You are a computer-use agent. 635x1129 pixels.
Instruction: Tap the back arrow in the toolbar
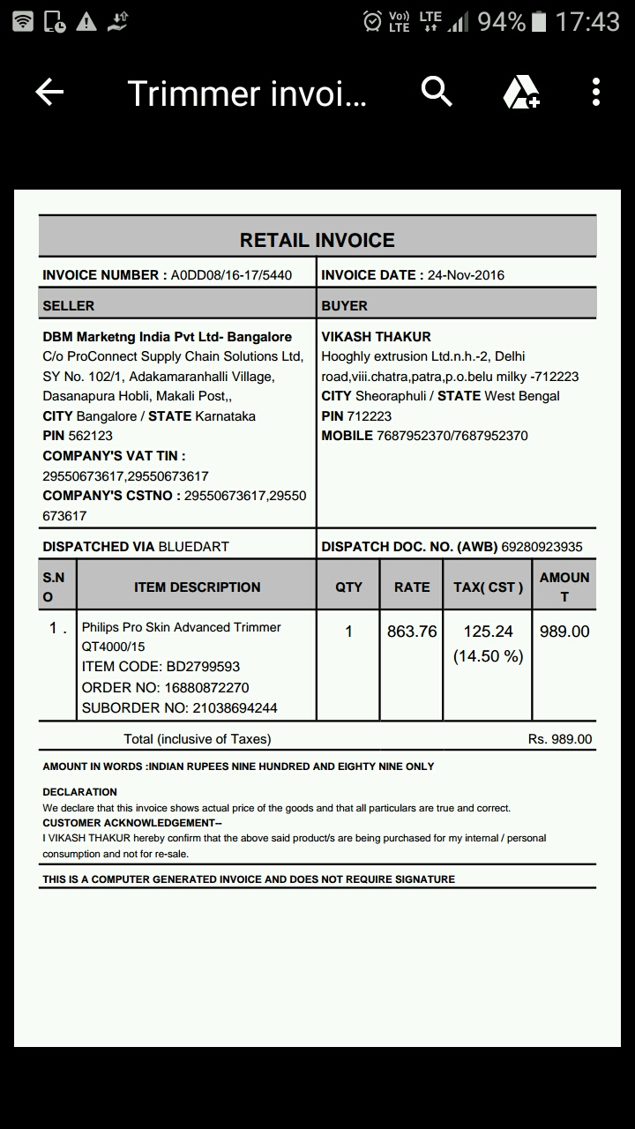click(x=49, y=92)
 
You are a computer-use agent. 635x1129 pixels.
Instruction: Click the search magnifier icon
click(x=437, y=91)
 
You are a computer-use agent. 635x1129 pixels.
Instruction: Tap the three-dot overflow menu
click(x=596, y=92)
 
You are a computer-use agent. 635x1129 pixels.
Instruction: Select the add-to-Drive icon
click(x=520, y=92)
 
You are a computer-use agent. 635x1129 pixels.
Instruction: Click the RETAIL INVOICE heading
click(x=317, y=240)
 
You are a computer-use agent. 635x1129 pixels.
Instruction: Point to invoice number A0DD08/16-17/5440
click(x=231, y=275)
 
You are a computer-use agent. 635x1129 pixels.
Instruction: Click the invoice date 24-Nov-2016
click(x=466, y=275)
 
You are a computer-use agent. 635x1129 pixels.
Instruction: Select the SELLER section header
click(x=69, y=306)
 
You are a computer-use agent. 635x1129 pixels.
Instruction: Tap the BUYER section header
click(x=345, y=306)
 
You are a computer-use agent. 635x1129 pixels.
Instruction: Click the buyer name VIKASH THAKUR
click(x=377, y=337)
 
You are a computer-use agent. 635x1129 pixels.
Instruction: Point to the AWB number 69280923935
click(x=542, y=547)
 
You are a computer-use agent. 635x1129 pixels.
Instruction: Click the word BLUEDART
click(x=193, y=547)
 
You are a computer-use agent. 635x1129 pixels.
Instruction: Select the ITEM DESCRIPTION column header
click(x=198, y=587)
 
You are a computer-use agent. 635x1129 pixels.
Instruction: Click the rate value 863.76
click(x=412, y=632)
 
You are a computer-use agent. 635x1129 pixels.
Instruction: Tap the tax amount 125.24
click(x=488, y=632)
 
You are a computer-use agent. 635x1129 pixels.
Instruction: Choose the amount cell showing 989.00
click(x=564, y=632)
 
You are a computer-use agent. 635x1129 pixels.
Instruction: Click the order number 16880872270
click(x=201, y=687)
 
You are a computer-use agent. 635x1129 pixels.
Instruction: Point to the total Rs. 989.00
click(x=560, y=739)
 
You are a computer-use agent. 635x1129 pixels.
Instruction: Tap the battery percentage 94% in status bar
click(x=501, y=22)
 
